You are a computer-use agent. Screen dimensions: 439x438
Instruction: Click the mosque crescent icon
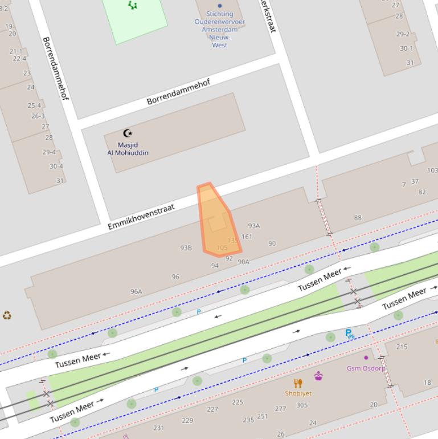pos(128,133)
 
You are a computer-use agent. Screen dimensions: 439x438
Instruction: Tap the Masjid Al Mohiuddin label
pos(128,149)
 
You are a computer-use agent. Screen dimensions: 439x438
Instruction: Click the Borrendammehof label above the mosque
pos(178,92)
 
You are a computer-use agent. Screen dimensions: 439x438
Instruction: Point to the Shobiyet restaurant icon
pos(298,384)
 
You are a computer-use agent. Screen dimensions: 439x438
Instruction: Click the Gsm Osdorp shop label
pos(366,368)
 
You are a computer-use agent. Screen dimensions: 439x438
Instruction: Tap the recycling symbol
pos(7,315)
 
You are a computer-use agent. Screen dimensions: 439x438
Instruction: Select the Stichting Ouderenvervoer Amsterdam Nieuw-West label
pos(220,29)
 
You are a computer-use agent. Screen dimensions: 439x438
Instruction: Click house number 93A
pos(253,226)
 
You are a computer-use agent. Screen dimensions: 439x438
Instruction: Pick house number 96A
pos(136,291)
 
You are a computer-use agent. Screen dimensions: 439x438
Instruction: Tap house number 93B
pos(186,248)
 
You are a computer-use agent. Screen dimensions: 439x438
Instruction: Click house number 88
pos(358,218)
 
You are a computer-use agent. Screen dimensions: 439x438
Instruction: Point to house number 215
pos(402,347)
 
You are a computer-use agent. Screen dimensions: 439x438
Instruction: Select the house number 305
pos(302,405)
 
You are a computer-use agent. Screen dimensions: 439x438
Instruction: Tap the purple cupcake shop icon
pos(318,376)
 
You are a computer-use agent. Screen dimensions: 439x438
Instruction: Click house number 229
pos(187,421)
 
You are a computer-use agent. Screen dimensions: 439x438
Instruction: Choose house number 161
pos(247,237)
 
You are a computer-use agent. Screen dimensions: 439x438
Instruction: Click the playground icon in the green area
pos(133,5)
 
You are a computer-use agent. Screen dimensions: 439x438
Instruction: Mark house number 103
pos(432,170)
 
